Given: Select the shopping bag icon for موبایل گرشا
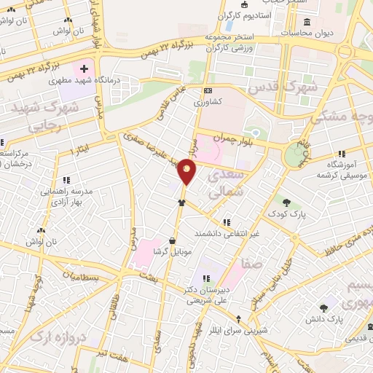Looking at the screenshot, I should click(172, 240).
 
